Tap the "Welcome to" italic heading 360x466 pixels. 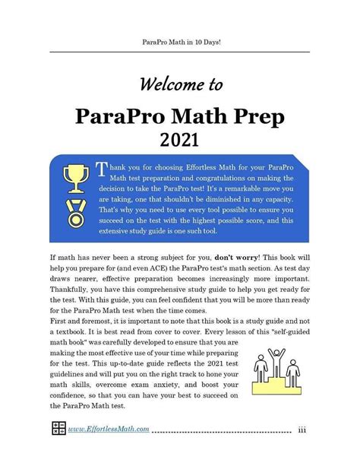coord(180,83)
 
